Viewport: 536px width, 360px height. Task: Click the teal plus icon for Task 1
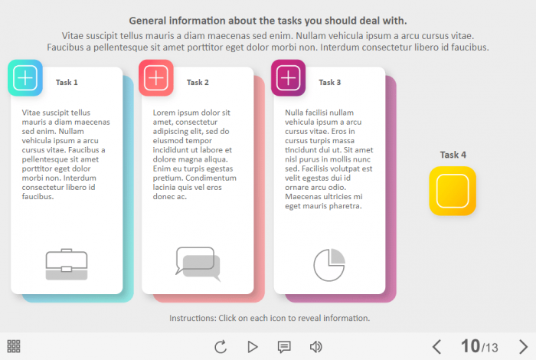point(25,78)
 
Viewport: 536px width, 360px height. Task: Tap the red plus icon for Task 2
point(156,78)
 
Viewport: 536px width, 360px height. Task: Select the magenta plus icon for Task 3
point(288,78)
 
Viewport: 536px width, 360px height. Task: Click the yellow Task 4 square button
point(453,191)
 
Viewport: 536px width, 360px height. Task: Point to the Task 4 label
point(453,155)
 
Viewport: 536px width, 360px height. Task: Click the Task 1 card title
point(67,83)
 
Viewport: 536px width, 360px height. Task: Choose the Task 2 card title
point(198,83)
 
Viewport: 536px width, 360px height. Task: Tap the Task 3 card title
point(329,83)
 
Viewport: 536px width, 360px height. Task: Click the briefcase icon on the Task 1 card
point(67,264)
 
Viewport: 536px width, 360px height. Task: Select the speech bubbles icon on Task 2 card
point(198,264)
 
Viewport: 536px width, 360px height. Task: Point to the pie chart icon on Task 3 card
point(329,265)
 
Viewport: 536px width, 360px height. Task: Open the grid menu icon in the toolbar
point(14,346)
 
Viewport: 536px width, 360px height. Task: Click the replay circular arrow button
point(221,347)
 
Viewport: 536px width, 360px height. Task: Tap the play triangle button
point(252,347)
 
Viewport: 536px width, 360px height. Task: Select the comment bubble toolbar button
point(284,347)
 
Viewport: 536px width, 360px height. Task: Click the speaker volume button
point(315,347)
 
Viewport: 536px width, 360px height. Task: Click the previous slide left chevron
point(436,347)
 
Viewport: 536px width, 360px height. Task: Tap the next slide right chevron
point(523,347)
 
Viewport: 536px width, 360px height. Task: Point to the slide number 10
point(470,346)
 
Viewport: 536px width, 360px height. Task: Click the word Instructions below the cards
point(193,319)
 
